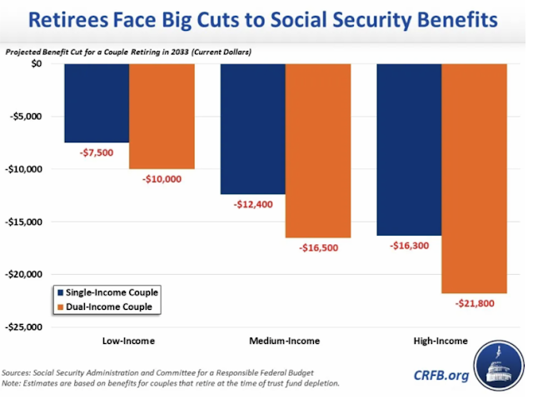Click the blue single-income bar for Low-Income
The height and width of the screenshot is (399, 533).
96,102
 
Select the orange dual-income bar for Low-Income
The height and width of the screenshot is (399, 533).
162,116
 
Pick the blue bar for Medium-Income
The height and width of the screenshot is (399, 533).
252,128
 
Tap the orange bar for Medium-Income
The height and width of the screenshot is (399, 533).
318,150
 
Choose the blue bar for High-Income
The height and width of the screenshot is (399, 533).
409,149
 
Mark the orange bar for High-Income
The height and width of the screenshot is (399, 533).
474,178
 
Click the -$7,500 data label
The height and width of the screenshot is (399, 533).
97,153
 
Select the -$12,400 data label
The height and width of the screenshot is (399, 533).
253,205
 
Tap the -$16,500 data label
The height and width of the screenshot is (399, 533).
317,248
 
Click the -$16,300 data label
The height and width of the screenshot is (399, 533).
409,247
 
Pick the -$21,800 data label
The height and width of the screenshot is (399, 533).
474,303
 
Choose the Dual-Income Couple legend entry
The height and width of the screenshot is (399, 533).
106,307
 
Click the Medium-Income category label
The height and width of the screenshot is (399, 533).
285,341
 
